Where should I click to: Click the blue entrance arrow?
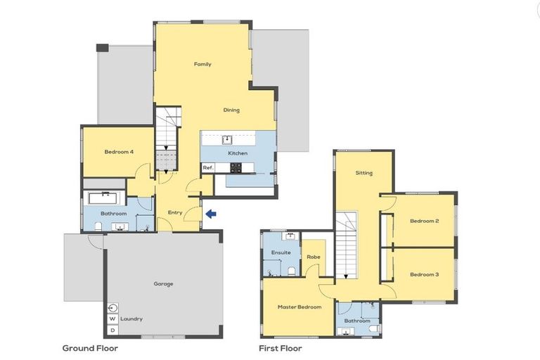pyautogui.click(x=211, y=213)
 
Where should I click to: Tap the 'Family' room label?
pyautogui.click(x=202, y=65)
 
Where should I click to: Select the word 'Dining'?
pyautogui.click(x=231, y=110)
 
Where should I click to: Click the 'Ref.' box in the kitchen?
pyautogui.click(x=208, y=168)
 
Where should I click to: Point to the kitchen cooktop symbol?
pyautogui.click(x=237, y=167)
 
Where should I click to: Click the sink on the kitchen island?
pyautogui.click(x=227, y=139)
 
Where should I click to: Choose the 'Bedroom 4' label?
pyautogui.click(x=119, y=152)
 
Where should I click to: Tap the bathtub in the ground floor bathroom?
pyautogui.click(x=107, y=197)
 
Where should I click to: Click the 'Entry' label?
pyautogui.click(x=175, y=212)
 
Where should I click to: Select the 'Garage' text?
pyautogui.click(x=163, y=284)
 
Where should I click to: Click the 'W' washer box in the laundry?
pyautogui.click(x=112, y=319)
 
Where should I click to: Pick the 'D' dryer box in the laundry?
pyautogui.click(x=112, y=330)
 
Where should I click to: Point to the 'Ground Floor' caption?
pyautogui.click(x=90, y=348)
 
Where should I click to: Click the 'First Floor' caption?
pyautogui.click(x=280, y=348)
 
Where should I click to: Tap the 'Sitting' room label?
pyautogui.click(x=364, y=173)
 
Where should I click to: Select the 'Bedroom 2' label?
pyautogui.click(x=424, y=221)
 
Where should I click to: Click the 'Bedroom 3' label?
pyautogui.click(x=424, y=274)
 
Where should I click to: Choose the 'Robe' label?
pyautogui.click(x=313, y=257)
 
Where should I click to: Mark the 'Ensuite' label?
pyautogui.click(x=281, y=252)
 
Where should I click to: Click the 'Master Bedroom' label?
pyautogui.click(x=299, y=307)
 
